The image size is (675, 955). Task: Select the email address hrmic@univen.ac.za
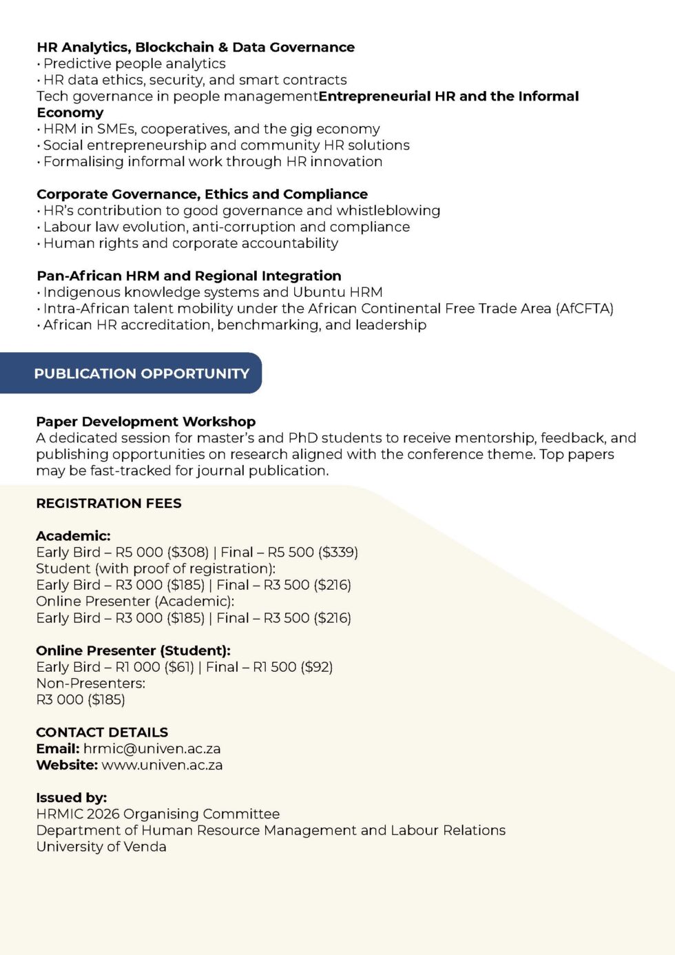tap(152, 748)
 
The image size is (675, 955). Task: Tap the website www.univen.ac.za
tap(162, 765)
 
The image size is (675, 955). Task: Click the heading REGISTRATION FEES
tap(109, 503)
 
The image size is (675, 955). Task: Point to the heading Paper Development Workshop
tap(145, 421)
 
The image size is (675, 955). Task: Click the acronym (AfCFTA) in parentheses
tap(584, 308)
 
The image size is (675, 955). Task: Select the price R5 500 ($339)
tap(313, 552)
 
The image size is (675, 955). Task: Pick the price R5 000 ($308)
tap(162, 552)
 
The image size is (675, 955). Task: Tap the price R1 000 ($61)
tap(155, 666)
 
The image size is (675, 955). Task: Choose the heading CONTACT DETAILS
tap(102, 732)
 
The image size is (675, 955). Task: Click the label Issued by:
tap(72, 797)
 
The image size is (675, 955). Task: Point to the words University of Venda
tap(101, 846)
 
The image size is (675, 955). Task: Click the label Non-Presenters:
tap(91, 683)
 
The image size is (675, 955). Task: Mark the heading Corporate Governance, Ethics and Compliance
tap(202, 194)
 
